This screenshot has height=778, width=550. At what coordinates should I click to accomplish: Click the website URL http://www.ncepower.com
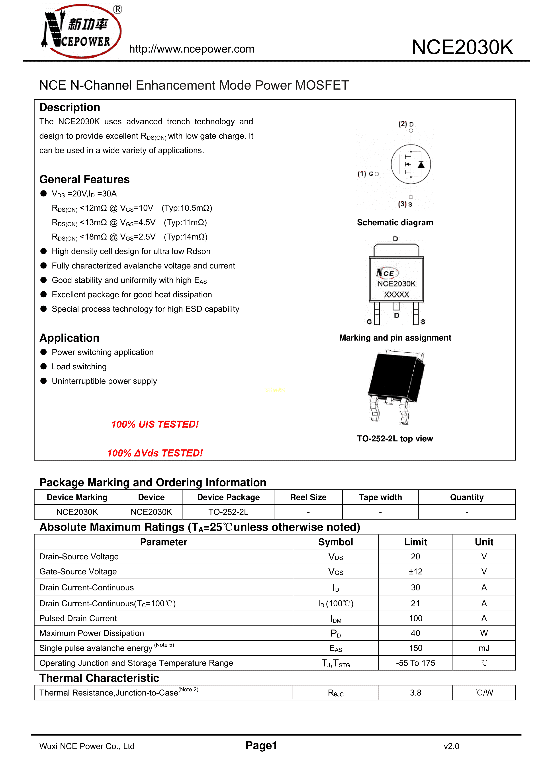tap(192, 49)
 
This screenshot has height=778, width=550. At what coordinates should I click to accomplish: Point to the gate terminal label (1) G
tap(365, 174)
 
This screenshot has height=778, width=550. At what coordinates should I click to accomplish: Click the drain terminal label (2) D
tap(406, 124)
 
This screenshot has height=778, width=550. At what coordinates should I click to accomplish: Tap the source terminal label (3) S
tap(405, 204)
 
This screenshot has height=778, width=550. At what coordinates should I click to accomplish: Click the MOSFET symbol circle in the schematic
tap(411, 164)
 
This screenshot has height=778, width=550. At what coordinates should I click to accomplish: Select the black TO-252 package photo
tap(397, 386)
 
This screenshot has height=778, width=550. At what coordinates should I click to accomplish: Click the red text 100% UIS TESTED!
tap(155, 424)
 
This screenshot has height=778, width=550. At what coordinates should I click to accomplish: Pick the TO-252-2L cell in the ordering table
tap(228, 512)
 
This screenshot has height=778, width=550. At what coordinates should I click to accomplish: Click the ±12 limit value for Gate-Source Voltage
tap(415, 572)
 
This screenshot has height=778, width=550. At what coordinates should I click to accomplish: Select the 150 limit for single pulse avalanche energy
tap(415, 648)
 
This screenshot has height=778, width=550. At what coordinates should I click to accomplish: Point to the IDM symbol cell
tap(335, 619)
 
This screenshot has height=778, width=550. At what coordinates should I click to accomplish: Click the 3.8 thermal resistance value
tap(415, 693)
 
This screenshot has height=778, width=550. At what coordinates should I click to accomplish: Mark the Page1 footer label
tap(261, 745)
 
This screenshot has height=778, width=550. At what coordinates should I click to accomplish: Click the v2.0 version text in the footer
tap(451, 746)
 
